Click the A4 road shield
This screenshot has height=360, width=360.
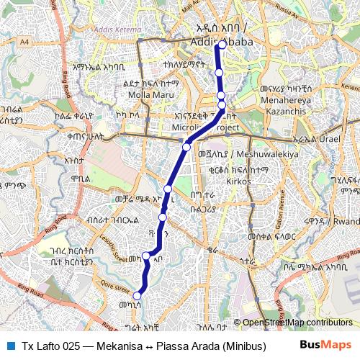click(26, 42)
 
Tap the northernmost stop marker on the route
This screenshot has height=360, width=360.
click(222, 45)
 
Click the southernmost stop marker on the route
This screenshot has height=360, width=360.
click(137, 294)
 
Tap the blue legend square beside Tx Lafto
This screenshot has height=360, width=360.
click(10, 346)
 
